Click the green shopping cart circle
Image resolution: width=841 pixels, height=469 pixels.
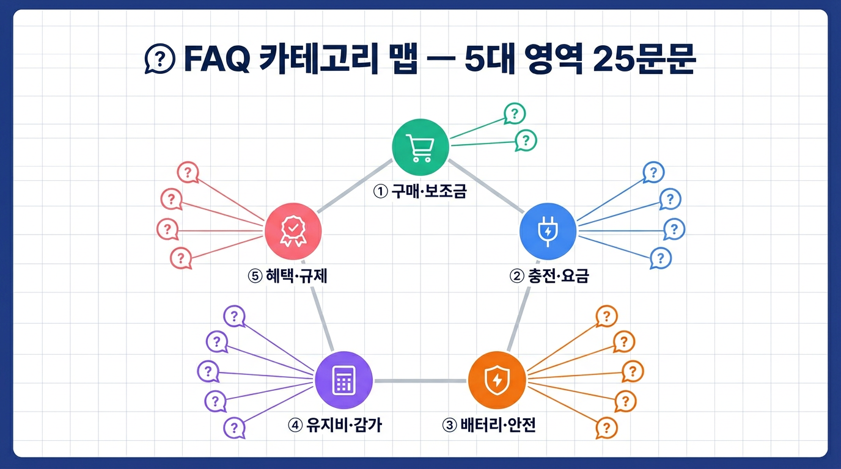pos(420,147)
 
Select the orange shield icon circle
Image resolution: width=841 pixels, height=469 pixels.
pos(496,380)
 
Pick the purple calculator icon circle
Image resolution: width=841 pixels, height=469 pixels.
pos(343,380)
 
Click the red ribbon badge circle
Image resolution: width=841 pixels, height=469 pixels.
pos(292,231)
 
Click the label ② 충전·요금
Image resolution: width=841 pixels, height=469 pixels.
pos(548,276)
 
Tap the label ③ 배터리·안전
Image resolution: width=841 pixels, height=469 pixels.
pos(488,425)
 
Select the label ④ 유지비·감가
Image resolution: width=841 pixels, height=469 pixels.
pos(334,425)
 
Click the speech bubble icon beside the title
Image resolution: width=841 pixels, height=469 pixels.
pos(158,60)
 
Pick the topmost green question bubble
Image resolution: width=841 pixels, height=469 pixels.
pos(515,113)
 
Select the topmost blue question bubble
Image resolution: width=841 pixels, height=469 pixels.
pos(653,173)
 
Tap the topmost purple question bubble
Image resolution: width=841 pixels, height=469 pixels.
pos(233,316)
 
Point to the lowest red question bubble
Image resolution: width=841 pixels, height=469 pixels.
pos(180,258)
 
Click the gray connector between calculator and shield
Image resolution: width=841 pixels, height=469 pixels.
pos(420,381)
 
